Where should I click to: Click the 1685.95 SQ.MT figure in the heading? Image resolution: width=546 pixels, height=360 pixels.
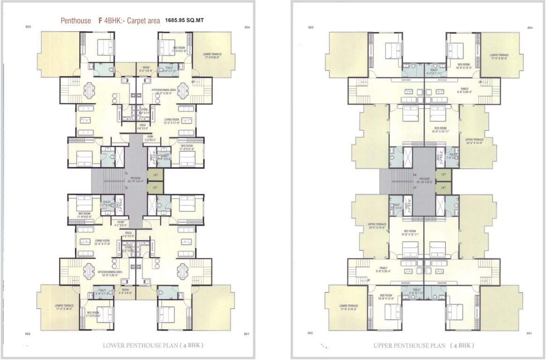click(184, 21)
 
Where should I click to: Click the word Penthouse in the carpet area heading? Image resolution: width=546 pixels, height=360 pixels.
click(76, 21)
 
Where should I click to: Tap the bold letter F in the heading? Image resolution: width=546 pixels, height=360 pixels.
click(100, 21)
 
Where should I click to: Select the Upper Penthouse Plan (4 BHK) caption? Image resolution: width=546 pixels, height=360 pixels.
click(424, 346)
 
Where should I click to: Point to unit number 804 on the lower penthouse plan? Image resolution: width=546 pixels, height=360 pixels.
click(247, 28)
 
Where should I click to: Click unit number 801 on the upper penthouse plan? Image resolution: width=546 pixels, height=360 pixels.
click(529, 333)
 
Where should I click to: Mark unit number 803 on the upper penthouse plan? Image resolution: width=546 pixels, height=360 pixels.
click(310, 29)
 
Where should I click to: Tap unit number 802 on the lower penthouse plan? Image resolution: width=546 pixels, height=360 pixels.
click(28, 333)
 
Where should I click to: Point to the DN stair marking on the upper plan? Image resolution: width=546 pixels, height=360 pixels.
click(414, 175)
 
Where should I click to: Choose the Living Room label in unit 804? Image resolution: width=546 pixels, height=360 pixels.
click(172, 120)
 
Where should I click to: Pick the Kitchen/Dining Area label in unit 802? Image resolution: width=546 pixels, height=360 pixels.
click(110, 272)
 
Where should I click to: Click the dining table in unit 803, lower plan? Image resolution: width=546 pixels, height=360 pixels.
click(88, 89)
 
